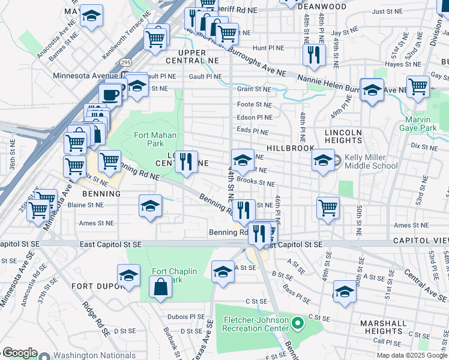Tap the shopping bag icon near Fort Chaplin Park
161,287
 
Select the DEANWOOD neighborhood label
325,7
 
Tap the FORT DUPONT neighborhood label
91,286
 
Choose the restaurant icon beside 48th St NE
314,55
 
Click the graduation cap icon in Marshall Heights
345,291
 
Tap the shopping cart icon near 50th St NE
328,208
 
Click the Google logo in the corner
20,353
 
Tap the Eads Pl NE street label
252,130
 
